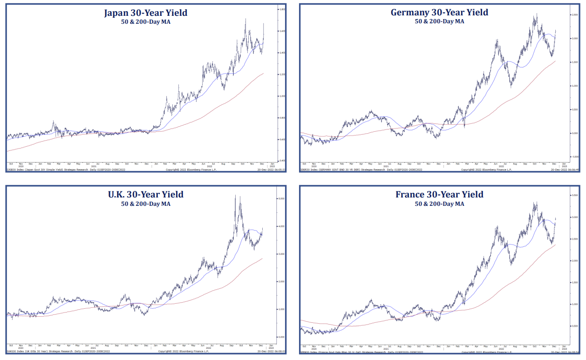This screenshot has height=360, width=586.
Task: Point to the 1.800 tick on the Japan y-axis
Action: tap(281, 9)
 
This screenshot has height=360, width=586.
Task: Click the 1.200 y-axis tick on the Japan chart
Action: tap(281, 75)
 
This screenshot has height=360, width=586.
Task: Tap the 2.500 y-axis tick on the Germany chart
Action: tap(574, 15)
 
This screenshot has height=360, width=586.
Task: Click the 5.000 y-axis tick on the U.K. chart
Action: tap(281, 199)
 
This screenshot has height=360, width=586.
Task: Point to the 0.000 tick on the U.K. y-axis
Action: tap(281, 337)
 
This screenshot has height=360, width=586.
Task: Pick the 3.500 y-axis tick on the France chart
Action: tap(574, 196)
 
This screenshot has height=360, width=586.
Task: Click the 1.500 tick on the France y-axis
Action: tap(574, 283)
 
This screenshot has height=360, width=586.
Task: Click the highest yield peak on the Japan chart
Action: tap(245, 19)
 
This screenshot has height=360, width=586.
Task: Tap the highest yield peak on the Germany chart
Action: tap(537, 14)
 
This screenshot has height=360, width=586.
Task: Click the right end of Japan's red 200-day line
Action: tap(264, 73)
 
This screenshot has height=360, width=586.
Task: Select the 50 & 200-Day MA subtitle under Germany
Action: tap(439, 21)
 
